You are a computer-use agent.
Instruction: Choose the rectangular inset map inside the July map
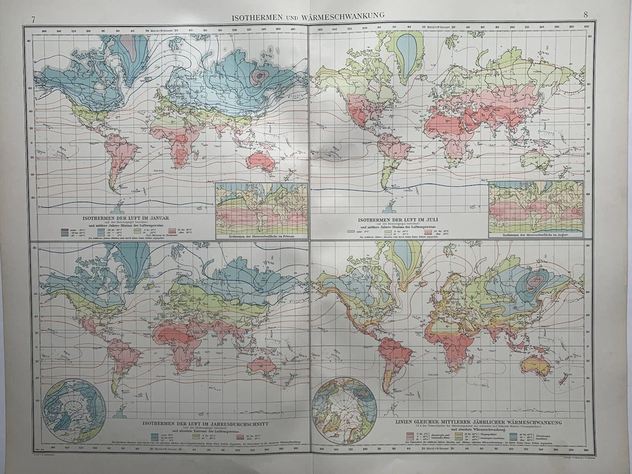click(x=536, y=206)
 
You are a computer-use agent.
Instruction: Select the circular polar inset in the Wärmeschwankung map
click(x=344, y=410)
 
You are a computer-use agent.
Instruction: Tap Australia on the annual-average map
click(x=262, y=365)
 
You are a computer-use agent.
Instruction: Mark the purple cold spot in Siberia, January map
click(x=261, y=76)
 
